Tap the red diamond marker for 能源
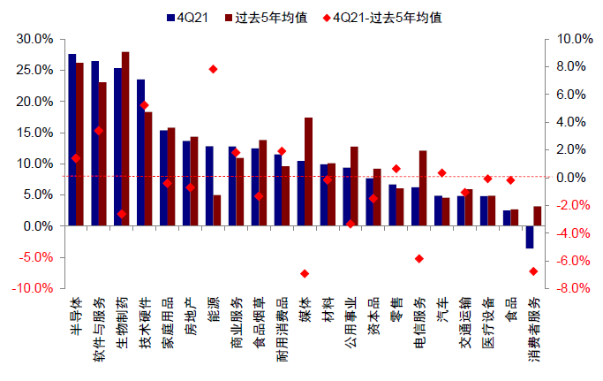[213, 69]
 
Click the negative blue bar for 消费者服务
[530, 237]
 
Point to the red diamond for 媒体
[305, 273]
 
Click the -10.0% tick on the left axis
[32, 288]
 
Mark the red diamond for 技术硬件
[144, 105]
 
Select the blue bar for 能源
[209, 186]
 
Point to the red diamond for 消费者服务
[533, 271]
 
